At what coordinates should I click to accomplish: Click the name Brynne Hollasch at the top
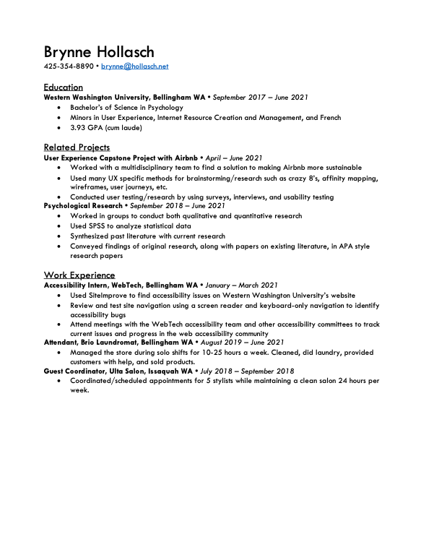point(99,52)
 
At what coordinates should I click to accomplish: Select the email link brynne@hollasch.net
point(134,66)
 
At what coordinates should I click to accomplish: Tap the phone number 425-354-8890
point(69,66)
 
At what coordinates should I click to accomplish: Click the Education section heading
point(63,87)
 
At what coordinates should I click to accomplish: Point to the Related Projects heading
point(77,147)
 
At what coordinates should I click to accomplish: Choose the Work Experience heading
point(79,275)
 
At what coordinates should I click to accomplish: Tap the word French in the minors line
point(329,118)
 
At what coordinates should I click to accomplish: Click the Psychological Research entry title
point(82,206)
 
